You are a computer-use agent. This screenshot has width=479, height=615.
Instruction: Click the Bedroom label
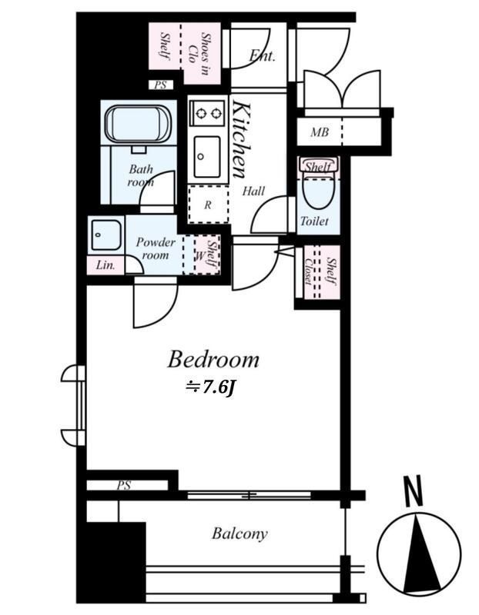pyautogui.click(x=213, y=360)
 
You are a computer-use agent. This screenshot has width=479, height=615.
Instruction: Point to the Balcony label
pyautogui.click(x=239, y=534)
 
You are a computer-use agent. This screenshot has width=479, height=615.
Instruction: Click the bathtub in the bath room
pyautogui.click(x=138, y=123)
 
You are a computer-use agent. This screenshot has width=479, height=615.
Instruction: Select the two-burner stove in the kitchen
pyautogui.click(x=208, y=113)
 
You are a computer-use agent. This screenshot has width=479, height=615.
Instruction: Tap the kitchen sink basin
pyautogui.click(x=206, y=157)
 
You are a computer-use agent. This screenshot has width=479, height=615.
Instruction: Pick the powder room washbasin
pyautogui.click(x=106, y=234)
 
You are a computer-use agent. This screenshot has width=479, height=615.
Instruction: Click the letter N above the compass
pyautogui.click(x=413, y=490)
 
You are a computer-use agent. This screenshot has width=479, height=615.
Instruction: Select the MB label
pyautogui.click(x=320, y=132)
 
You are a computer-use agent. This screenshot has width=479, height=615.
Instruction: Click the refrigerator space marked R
pyautogui.click(x=208, y=204)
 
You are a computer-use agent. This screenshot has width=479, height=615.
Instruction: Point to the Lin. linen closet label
pyautogui.click(x=106, y=265)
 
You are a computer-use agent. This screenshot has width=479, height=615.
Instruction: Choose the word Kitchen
pyautogui.click(x=241, y=139)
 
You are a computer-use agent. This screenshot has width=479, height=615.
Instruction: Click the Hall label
pyautogui.click(x=253, y=191)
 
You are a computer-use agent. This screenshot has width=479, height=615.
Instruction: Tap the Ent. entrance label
pyautogui.click(x=262, y=55)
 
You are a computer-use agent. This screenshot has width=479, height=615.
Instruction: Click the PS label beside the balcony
pyautogui.click(x=123, y=486)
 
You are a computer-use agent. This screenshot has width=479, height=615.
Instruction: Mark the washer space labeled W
pyautogui.click(x=200, y=257)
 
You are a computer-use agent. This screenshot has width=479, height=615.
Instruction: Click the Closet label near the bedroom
pyautogui.click(x=309, y=272)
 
